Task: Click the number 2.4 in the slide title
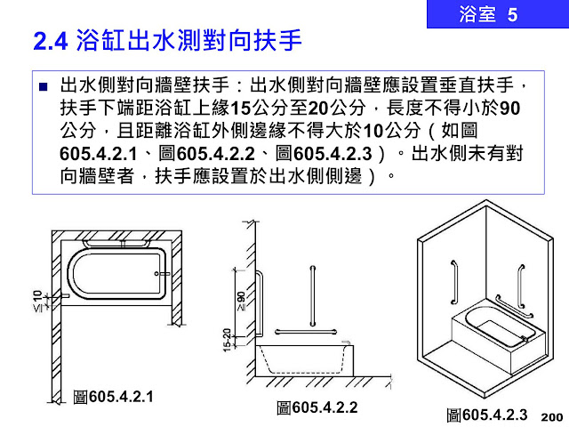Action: pos(50,41)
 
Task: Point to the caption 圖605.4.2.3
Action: pos(487,415)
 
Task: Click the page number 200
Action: pos(551,416)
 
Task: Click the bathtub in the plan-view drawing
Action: pos(116,275)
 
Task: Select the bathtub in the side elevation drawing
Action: pos(302,361)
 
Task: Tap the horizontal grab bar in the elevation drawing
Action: pos(305,330)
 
